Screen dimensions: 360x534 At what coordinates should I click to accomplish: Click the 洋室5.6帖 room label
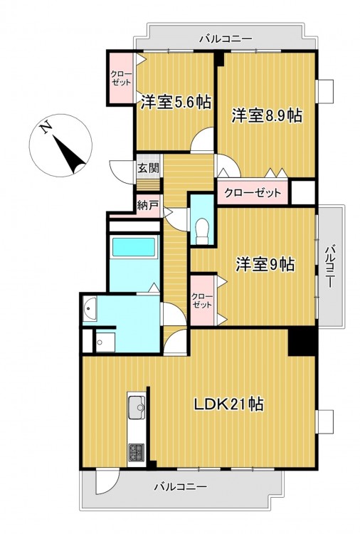coord(176,102)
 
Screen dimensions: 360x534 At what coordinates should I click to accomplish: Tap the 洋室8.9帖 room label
coord(267,115)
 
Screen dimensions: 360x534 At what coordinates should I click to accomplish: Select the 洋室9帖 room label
coord(266,264)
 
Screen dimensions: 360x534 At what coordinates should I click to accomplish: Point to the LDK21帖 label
coord(228,404)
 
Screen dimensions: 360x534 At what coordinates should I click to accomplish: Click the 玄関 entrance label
coord(149,167)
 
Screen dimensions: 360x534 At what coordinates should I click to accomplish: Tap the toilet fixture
coord(202,231)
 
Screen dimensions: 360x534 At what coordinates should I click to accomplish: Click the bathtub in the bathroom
coord(134,247)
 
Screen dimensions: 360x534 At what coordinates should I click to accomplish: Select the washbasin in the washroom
coord(90,308)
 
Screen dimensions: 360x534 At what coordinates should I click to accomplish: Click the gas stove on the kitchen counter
coord(137,452)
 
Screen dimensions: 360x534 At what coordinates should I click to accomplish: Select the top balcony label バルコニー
coord(226,38)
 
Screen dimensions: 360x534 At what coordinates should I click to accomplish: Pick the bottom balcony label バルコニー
coord(180,486)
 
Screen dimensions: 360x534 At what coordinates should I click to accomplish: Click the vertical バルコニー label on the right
coord(329,266)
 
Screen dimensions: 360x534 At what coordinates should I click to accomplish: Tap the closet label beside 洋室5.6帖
coord(122,78)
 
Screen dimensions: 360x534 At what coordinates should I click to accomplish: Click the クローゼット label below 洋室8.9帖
coord(253,193)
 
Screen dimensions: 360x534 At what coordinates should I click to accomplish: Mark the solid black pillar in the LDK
coord(302,342)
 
